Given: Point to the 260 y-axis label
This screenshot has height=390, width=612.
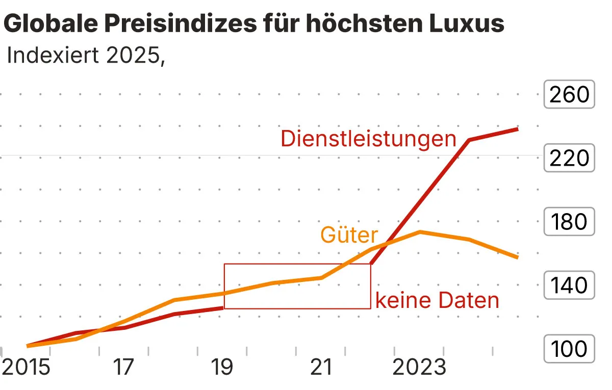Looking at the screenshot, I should coord(569,95).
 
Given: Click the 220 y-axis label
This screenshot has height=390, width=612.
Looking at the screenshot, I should coord(569,159).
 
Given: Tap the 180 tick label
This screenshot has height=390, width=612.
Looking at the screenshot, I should coord(569,222).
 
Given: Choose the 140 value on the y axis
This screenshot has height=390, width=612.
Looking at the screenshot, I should coord(569,286).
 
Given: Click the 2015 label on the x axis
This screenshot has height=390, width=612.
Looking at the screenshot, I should coord(27,368).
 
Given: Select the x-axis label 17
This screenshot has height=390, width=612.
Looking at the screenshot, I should coord(123,368).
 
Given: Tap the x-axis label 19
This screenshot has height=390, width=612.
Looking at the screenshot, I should coord(222,368).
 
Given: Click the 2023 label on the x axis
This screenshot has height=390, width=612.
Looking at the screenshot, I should coord(419,368).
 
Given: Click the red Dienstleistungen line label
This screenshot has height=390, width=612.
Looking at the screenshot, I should coord(368,139).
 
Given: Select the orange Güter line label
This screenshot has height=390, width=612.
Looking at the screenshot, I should coord(349,235).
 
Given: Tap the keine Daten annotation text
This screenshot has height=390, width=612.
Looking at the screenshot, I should coord(437,301).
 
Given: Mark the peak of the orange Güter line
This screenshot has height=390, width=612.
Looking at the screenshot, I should coord(419,232).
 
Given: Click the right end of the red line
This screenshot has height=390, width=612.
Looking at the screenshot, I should coord(518,129).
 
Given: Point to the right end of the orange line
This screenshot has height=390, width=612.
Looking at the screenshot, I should coord(518,257).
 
